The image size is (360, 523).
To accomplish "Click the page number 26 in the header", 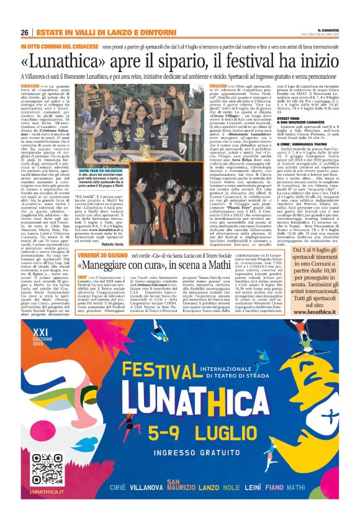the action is click(x=24, y=31).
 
